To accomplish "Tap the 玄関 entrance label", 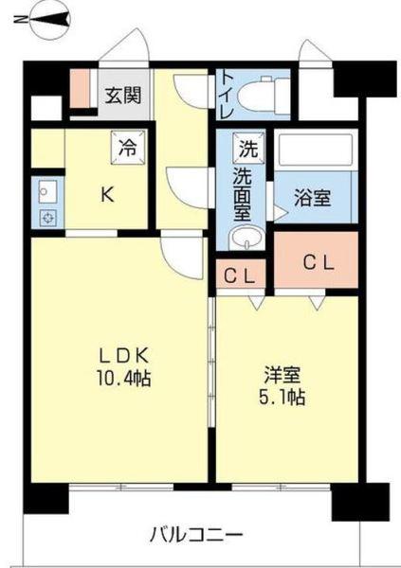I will coord(123,95).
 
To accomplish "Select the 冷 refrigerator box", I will coord(127,148).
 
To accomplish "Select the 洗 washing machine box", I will coord(247,148).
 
